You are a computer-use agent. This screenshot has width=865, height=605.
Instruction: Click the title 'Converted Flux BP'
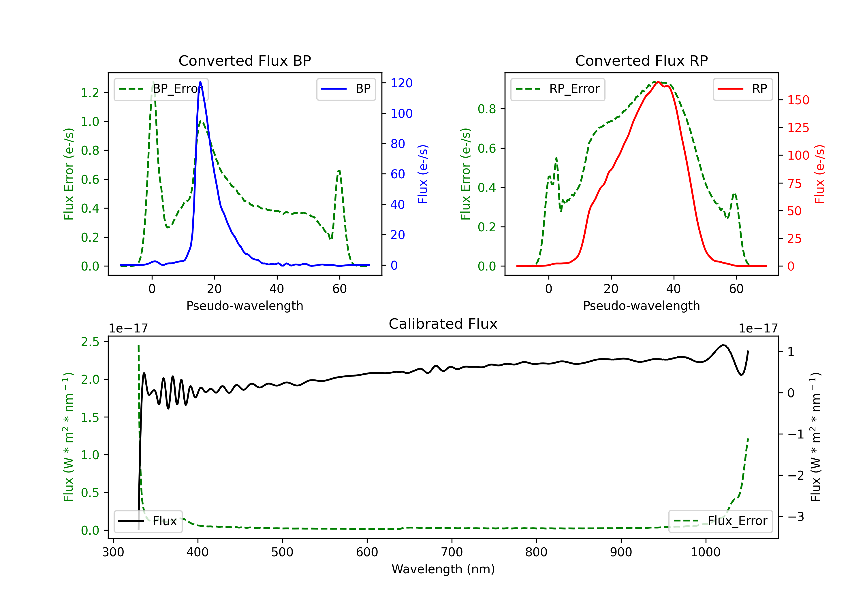click(245, 60)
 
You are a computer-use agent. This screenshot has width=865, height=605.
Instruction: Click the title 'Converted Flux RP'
click(641, 60)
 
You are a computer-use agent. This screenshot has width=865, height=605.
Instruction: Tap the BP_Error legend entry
click(161, 89)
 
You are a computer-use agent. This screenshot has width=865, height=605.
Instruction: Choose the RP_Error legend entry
click(558, 89)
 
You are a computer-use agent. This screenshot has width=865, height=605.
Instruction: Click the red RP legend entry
click(742, 89)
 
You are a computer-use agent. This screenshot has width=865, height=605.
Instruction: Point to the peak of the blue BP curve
click(200, 82)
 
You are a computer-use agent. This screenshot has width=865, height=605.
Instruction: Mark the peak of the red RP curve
click(658, 82)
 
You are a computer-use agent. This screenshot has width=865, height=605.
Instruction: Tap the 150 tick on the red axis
click(798, 100)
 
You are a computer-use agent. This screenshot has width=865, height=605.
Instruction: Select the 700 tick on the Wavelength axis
click(452, 552)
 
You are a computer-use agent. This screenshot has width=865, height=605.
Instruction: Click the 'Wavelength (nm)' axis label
click(443, 569)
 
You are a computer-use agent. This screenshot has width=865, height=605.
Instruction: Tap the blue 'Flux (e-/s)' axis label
click(423, 174)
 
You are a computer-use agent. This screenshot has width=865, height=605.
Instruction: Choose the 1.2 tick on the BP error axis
click(90, 92)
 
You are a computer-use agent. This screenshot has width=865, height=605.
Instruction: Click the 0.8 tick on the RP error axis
click(487, 109)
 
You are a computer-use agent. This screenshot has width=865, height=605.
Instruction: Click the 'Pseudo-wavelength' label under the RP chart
click(641, 306)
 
